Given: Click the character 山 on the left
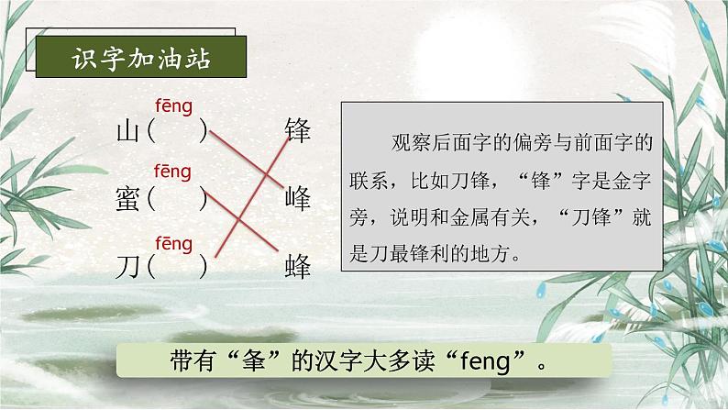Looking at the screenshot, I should [126, 131].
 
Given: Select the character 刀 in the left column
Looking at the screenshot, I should [126, 267].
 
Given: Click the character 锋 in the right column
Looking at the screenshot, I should [299, 129].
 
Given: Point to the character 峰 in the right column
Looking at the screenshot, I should [299, 197].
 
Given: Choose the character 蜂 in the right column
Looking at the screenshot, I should [299, 267].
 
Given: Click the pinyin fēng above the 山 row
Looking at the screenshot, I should [173, 106].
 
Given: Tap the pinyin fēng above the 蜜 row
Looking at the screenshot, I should [173, 172].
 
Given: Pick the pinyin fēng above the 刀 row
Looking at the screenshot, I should [173, 243].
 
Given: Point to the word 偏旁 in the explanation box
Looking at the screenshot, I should [537, 143].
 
